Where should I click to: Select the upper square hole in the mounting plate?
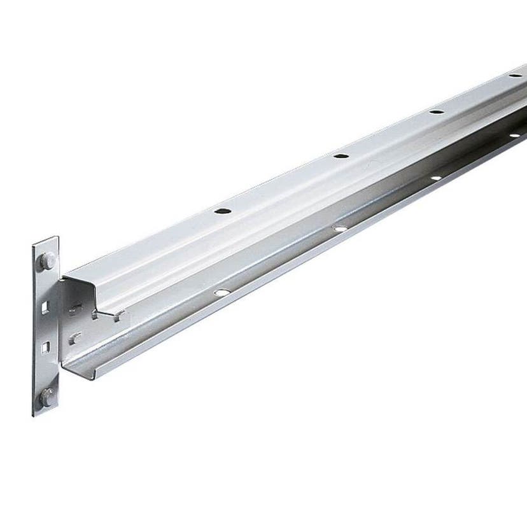pos(44,307)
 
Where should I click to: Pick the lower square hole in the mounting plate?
pos(44,348)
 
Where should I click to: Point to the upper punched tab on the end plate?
pos(76,310)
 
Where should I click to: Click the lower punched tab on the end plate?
pos(74,338)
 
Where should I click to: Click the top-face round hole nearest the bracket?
pos(222,210)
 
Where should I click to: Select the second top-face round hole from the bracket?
pos(342,156)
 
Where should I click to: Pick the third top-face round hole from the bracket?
pos(436,112)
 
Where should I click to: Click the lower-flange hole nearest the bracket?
pos(221,292)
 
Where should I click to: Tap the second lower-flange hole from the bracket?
pos(340,228)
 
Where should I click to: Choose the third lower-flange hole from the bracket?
pos(436,177)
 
